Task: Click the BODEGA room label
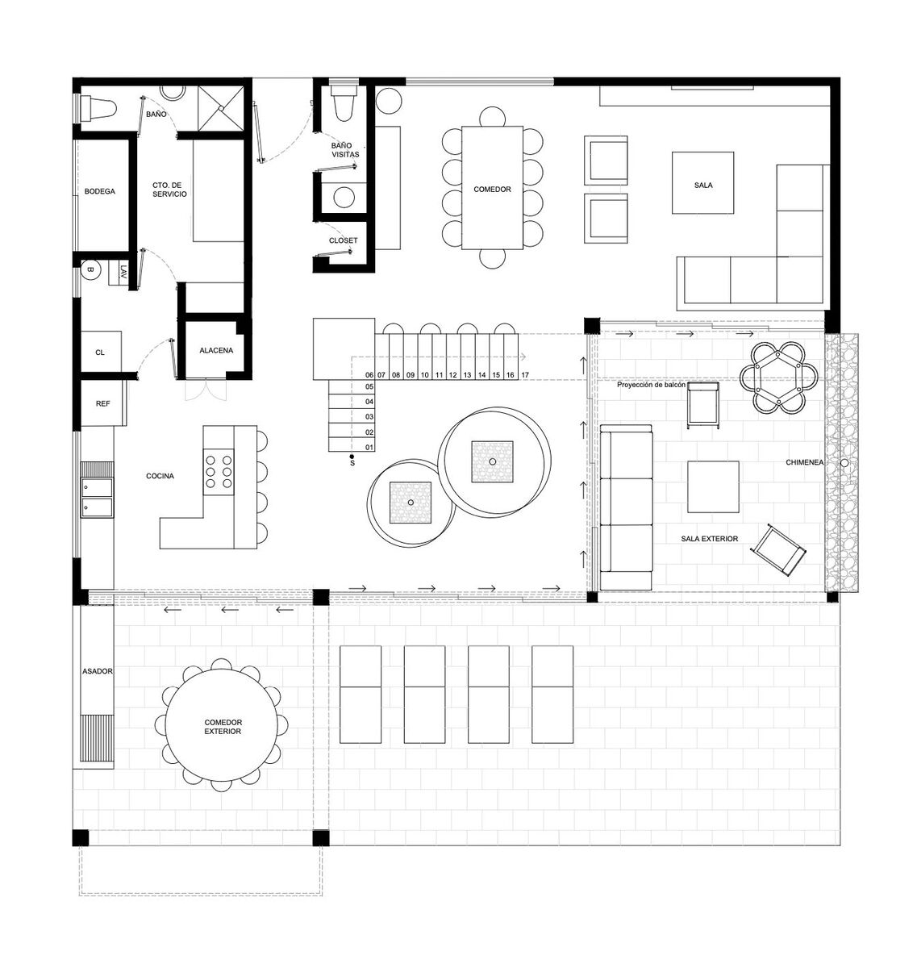99,191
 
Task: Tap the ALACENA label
216,351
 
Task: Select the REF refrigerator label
103,404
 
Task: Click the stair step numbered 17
525,375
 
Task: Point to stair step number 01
369,448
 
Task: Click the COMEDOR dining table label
492,190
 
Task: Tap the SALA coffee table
702,182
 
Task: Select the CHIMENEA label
804,462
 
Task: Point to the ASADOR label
98,671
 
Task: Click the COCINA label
160,476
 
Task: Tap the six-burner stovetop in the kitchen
219,472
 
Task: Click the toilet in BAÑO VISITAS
343,103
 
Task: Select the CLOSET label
344,240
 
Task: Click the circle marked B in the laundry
90,270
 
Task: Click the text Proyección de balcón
651,385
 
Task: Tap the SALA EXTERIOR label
710,539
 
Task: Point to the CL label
100,353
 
